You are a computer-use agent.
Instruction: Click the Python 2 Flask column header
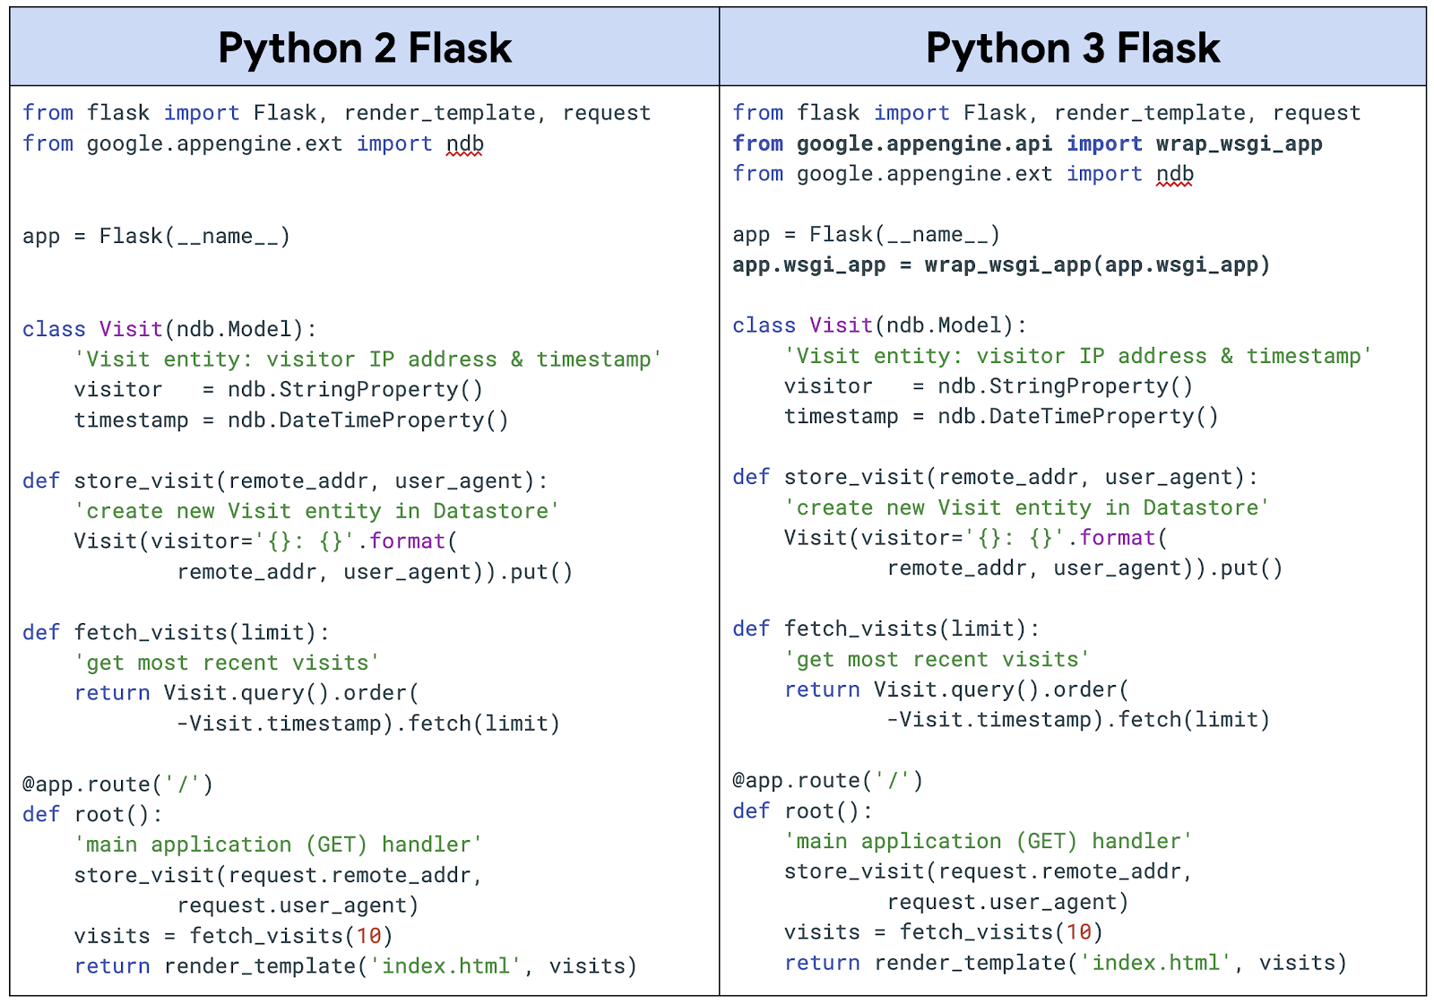click(364, 48)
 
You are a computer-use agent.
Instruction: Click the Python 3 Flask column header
click(1072, 48)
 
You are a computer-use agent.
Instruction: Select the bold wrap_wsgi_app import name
click(1239, 143)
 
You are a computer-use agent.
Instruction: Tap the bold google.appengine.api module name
click(924, 143)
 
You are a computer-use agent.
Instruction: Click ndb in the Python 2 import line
click(465, 143)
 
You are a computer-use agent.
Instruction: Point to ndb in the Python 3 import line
click(1174, 174)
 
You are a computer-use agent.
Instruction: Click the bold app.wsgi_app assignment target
click(808, 265)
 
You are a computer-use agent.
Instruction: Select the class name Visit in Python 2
click(131, 329)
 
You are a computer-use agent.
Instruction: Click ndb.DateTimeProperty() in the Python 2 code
click(367, 420)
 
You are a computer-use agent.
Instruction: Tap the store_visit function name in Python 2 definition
click(144, 481)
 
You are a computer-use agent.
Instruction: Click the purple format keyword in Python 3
click(1117, 538)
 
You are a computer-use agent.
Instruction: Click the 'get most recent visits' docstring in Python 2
click(227, 663)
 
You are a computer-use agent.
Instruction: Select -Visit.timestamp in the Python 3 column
click(992, 720)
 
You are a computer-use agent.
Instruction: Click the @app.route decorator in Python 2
click(86, 784)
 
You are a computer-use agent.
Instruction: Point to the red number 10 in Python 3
click(1078, 932)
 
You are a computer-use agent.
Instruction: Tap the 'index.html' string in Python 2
click(445, 966)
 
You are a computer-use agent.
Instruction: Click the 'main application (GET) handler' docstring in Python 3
click(988, 841)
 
